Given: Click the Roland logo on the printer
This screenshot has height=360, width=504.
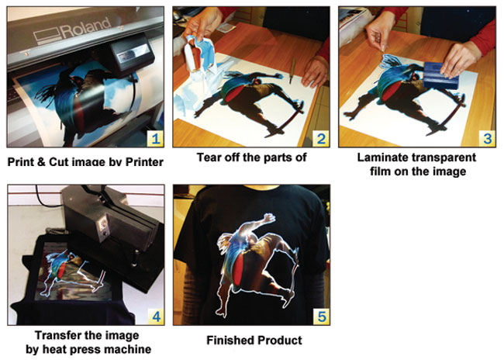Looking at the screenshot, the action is coord(72,32).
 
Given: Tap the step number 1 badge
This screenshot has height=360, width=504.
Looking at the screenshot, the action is coord(155,139).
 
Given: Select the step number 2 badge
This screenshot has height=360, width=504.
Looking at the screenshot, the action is coord(321,139).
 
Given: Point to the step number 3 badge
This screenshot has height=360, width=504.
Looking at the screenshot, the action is coord(487,139).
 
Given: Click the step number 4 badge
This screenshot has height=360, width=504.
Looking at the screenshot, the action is coord(156,317).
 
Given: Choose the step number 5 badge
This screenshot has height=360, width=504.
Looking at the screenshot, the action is coord(322,317).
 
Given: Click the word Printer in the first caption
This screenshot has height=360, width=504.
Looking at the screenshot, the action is coord(144,162).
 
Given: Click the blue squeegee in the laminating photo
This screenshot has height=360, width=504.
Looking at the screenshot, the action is coord(440,76).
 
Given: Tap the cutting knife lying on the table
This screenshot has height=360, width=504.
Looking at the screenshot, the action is coord(292,71).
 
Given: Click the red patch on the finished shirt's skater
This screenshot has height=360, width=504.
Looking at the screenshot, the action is coord(240,269).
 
